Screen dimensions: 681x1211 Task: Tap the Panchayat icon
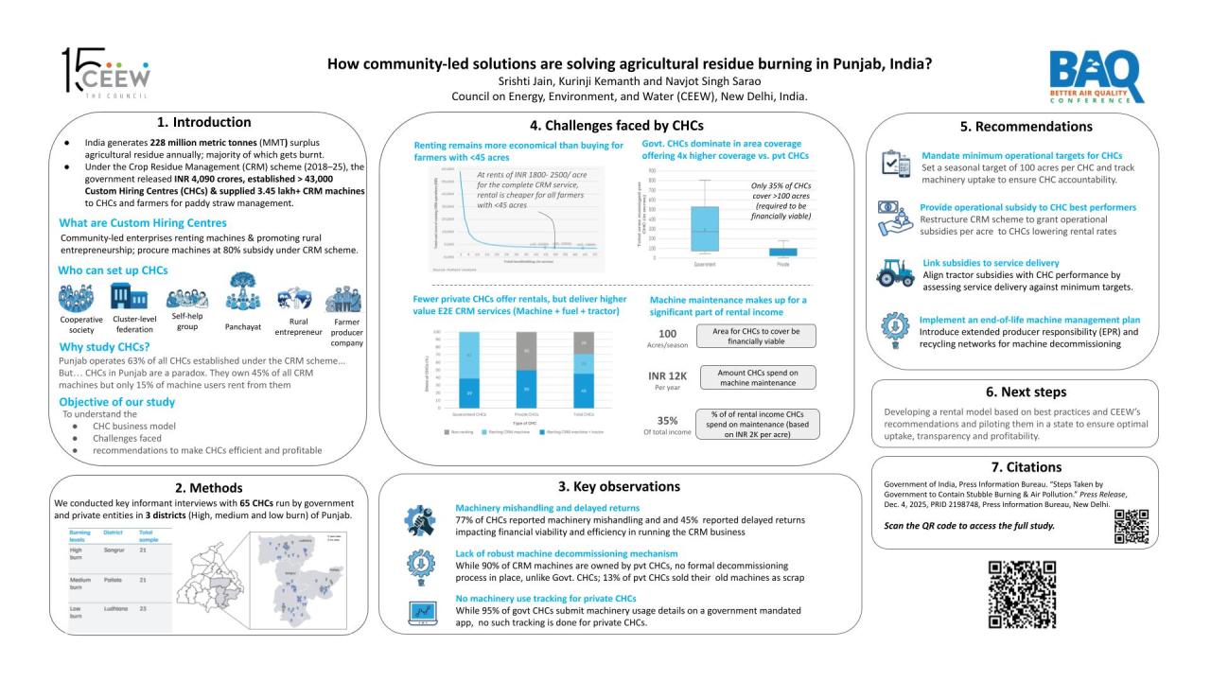(241, 297)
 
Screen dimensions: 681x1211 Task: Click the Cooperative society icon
(76, 299)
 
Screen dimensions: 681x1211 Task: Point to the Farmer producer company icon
(342, 301)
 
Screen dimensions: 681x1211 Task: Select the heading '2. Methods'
(202, 487)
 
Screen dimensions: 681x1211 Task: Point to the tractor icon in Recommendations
(895, 273)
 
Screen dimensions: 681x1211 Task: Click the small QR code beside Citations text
(1132, 526)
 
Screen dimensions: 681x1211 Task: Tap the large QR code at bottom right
(1022, 595)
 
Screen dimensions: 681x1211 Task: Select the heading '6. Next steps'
(1014, 392)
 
